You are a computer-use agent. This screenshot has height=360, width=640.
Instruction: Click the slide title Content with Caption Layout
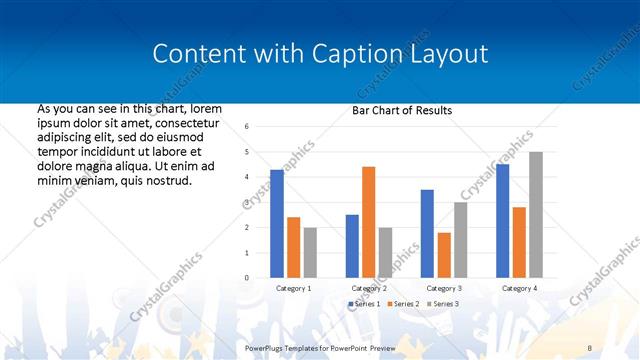(320, 53)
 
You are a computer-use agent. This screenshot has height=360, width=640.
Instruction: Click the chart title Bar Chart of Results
(402, 110)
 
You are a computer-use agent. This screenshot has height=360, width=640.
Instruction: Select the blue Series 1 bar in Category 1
(277, 223)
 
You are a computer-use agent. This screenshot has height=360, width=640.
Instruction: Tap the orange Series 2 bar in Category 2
(368, 221)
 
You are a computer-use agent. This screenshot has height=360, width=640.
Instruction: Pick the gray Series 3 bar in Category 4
(535, 214)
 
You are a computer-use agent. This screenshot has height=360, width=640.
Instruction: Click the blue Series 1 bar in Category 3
(427, 233)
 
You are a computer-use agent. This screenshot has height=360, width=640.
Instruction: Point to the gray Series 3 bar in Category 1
(310, 252)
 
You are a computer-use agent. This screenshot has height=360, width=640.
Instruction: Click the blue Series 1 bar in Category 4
(502, 220)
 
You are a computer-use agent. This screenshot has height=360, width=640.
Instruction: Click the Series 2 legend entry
(402, 303)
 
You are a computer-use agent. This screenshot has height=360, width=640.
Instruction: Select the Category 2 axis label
(369, 288)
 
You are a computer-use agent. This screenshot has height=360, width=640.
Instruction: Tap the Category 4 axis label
(518, 288)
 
